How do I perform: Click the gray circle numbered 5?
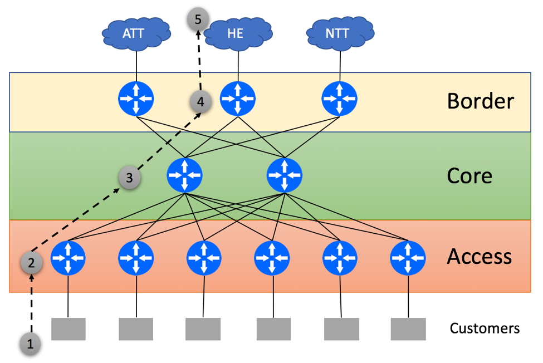point(198,19)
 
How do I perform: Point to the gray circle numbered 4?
point(200,102)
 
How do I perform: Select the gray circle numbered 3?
point(129,178)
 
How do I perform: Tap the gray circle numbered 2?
point(31,262)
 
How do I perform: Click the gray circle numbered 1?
point(30,344)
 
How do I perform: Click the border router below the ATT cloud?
point(136,99)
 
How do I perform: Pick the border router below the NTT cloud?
point(340,99)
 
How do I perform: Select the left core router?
point(184,175)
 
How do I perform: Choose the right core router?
point(285,175)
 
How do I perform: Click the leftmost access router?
point(67,258)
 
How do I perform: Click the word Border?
point(480,101)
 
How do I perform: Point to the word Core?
point(469,176)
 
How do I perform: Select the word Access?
point(478,257)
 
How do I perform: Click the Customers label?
point(485,328)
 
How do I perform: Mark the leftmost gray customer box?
point(69,328)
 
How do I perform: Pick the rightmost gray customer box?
point(408,328)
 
